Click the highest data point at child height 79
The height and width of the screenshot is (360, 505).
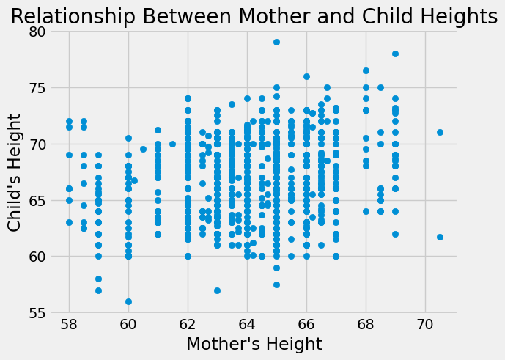click(276, 43)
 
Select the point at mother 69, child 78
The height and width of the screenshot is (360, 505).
click(395, 54)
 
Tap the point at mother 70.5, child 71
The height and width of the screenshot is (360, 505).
click(440, 133)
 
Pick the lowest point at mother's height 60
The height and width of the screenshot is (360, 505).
click(128, 301)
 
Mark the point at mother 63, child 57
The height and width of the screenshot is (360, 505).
click(217, 290)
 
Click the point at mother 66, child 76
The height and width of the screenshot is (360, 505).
click(306, 76)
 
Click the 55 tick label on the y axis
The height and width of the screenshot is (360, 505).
click(36, 313)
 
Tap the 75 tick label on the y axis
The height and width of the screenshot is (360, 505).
click(36, 88)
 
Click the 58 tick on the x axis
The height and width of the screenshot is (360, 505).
click(69, 323)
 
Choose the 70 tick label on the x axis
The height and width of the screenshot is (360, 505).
click(425, 323)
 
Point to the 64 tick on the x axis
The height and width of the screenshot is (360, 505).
click(247, 323)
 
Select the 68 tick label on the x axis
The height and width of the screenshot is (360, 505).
click(366, 323)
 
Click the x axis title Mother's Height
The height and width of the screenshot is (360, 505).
click(254, 344)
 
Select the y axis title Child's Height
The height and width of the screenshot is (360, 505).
click(15, 172)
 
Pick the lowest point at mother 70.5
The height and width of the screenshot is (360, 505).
click(440, 237)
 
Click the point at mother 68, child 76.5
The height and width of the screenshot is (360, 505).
click(366, 70)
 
